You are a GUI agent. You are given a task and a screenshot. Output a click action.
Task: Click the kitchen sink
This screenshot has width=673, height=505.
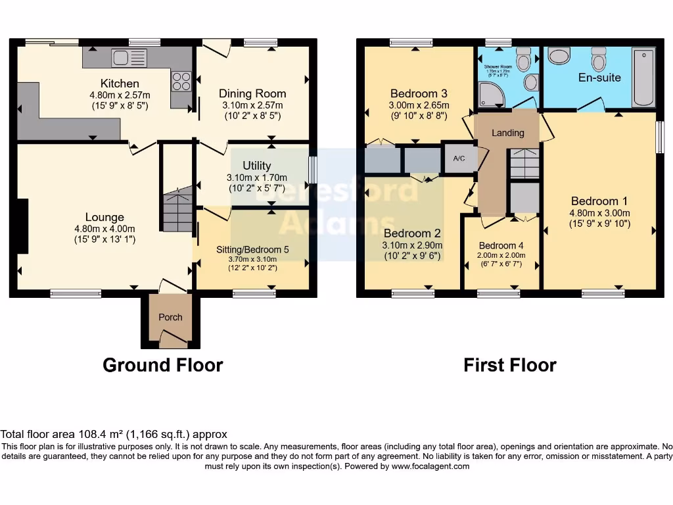tap(120, 58)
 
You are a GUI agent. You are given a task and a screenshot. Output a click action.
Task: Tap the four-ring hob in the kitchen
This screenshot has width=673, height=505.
tap(181, 82)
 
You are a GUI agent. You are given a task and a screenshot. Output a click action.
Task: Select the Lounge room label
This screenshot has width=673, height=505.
tap(104, 217)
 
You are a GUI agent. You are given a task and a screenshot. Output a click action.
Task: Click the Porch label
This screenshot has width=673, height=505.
tap(170, 317)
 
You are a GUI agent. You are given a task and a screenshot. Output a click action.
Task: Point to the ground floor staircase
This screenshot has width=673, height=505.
tap(177, 209)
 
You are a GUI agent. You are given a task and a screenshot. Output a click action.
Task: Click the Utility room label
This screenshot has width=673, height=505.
tap(256, 166)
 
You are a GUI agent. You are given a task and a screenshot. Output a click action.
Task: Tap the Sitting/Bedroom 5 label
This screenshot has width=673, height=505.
tap(252, 249)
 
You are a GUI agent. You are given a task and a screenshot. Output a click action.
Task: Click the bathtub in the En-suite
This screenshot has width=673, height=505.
tap(643, 77)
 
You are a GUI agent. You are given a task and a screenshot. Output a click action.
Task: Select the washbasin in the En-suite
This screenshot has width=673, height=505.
tap(559, 57)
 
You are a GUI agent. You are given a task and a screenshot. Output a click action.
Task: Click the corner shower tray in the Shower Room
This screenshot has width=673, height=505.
tap(492, 95)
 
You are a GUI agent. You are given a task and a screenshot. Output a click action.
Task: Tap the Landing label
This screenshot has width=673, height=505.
tap(508, 133)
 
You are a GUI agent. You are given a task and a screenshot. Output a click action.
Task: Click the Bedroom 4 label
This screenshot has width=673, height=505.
tap(502, 245)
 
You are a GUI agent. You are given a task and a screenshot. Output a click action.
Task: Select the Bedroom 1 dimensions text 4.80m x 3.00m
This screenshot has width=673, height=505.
tap(599, 213)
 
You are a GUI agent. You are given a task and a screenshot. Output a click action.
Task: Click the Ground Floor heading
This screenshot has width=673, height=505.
tap(163, 365)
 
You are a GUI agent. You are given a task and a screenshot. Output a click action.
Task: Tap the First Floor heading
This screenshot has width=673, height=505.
tap(510, 365)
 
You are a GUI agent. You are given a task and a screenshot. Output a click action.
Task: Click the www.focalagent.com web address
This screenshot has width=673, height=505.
tap(430, 466)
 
